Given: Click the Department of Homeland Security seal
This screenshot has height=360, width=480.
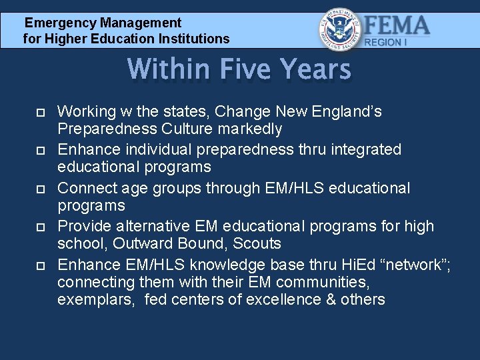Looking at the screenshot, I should point(341,29).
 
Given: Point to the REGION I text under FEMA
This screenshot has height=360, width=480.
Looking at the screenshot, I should point(384,42).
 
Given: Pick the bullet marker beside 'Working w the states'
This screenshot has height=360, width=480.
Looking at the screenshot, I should point(39,113).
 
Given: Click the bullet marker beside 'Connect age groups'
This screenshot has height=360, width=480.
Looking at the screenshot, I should point(39,189).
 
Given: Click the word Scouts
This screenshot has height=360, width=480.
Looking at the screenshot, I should point(257,243).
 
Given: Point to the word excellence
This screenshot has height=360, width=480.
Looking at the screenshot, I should point(287,299).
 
